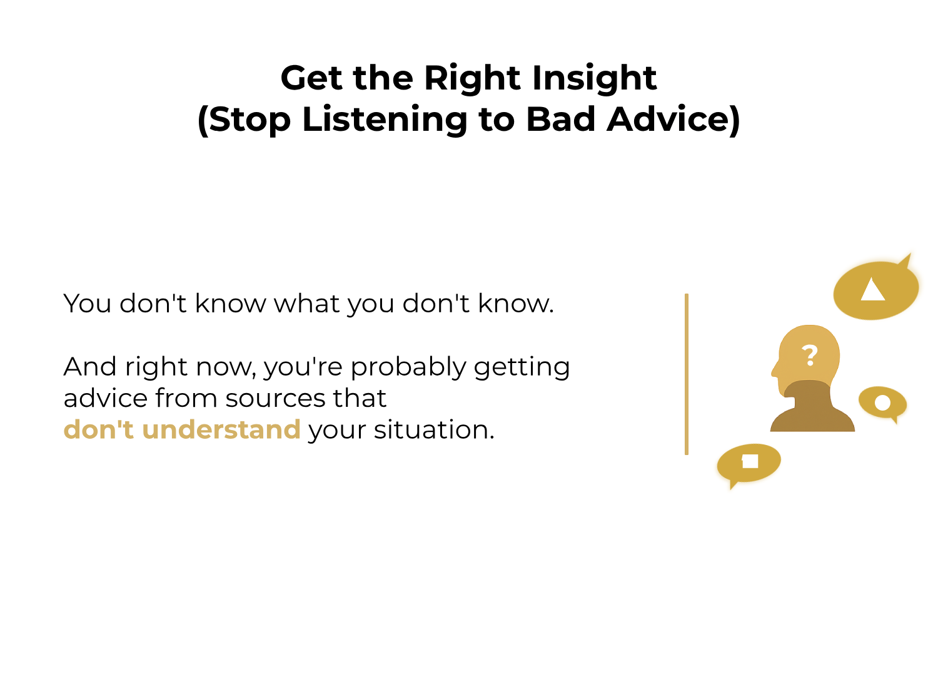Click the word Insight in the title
coord(594,78)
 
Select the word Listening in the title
coord(385,120)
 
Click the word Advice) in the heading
coord(673,120)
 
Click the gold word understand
coord(221,430)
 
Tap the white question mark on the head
coord(810,355)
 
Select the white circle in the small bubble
coord(882,402)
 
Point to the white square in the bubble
coord(750,461)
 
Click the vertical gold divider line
coord(687,374)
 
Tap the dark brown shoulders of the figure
coord(812,416)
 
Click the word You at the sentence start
coord(87,304)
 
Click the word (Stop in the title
coord(245,120)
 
